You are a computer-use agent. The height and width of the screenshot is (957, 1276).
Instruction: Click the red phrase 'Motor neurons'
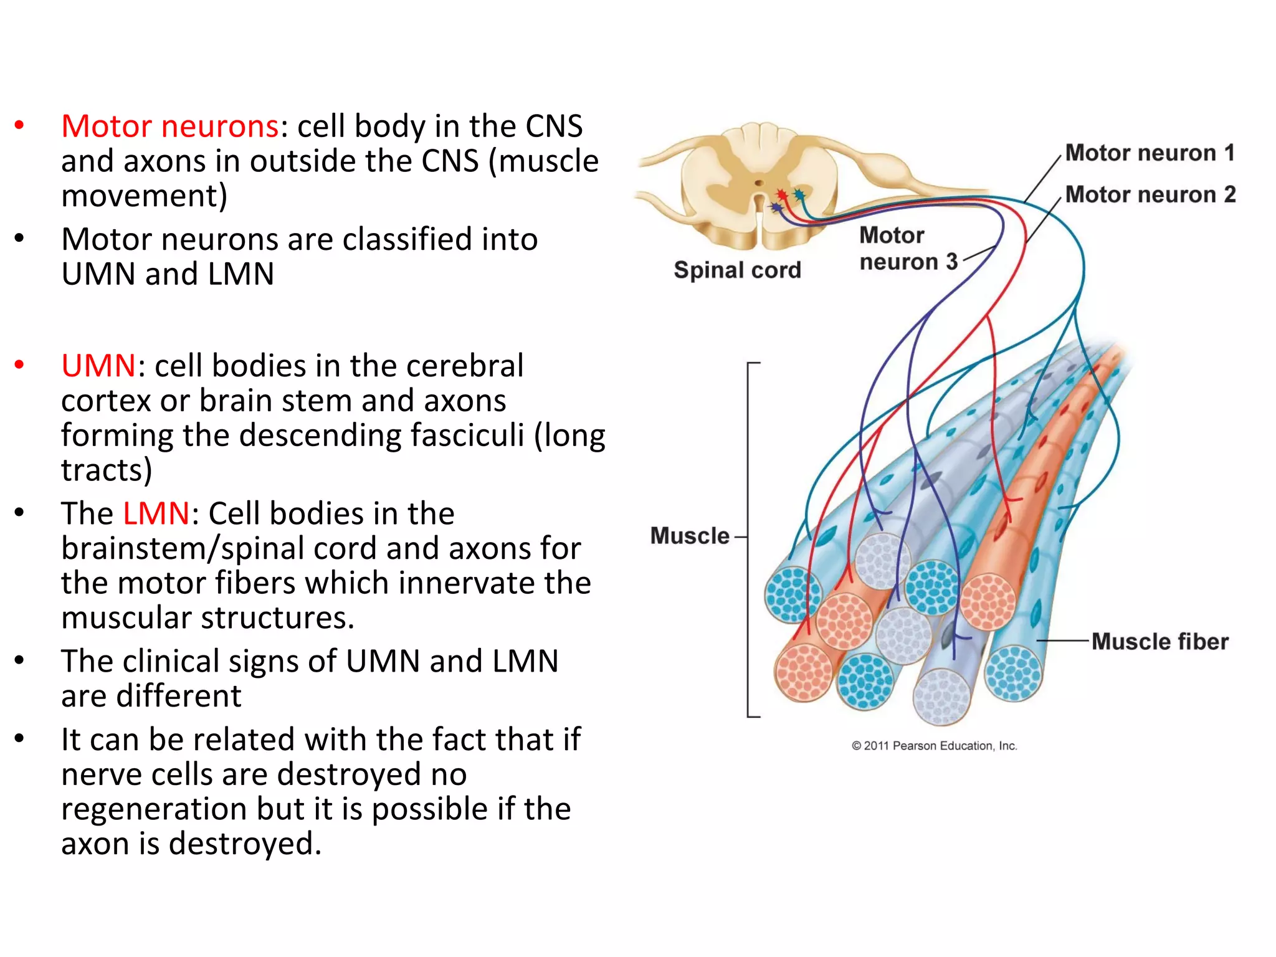pyautogui.click(x=169, y=126)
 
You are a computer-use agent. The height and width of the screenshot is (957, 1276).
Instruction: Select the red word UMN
pyautogui.click(x=98, y=366)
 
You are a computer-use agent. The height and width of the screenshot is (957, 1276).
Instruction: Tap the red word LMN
pyautogui.click(x=156, y=514)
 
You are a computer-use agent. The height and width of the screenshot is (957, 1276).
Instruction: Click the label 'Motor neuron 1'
pyautogui.click(x=1150, y=153)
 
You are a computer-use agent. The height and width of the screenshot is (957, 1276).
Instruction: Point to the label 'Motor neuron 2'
pyautogui.click(x=1150, y=194)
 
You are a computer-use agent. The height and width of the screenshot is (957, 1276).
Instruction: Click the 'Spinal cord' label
pyautogui.click(x=737, y=270)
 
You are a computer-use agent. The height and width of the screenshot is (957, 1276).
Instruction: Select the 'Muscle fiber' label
pyautogui.click(x=1159, y=641)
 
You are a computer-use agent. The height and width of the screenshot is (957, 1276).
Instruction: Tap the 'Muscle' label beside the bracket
pyautogui.click(x=689, y=536)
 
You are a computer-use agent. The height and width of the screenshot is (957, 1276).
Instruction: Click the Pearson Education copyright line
pyautogui.click(x=934, y=746)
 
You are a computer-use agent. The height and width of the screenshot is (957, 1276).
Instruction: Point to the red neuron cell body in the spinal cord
pyautogui.click(x=782, y=196)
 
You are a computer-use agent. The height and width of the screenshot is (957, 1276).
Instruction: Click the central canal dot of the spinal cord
pyautogui.click(x=758, y=183)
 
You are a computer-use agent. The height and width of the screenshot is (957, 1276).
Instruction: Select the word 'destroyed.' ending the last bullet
pyautogui.click(x=245, y=844)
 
